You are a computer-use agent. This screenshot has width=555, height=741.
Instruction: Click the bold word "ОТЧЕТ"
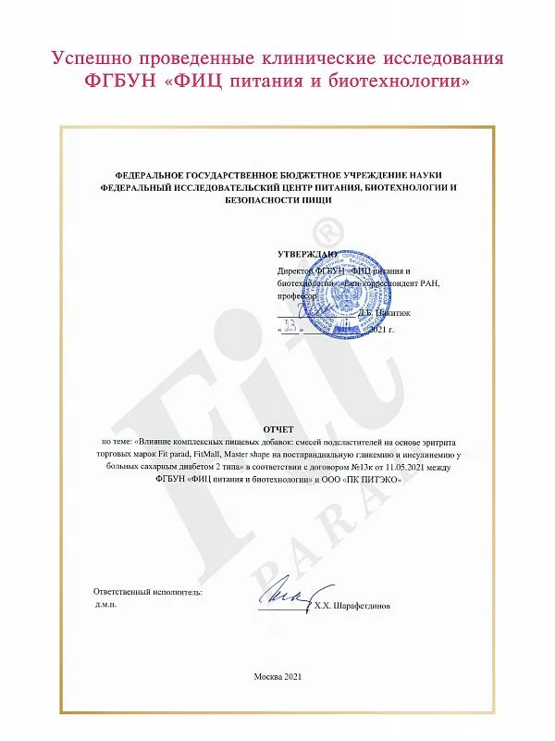pyautogui.click(x=277, y=430)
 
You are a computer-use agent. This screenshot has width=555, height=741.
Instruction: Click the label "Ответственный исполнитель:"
pyautogui.click(x=148, y=591)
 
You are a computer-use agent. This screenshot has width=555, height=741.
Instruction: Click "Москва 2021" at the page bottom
pyautogui.click(x=277, y=677)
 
